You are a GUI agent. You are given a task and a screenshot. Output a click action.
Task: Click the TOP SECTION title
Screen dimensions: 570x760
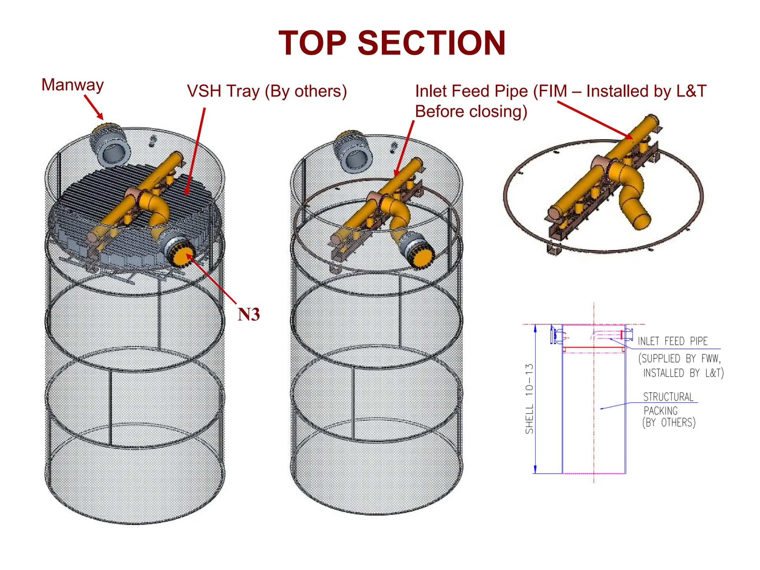(x=392, y=43)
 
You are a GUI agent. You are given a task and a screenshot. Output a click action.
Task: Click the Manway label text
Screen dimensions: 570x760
(x=72, y=85)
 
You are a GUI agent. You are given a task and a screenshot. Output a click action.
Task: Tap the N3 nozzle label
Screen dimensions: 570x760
(x=248, y=314)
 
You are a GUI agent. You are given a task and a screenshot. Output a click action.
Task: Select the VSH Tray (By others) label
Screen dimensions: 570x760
(x=267, y=91)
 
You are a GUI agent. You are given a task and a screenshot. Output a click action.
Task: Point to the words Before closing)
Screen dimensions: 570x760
(x=471, y=111)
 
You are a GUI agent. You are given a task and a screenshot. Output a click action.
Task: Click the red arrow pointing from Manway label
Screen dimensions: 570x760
(x=94, y=108)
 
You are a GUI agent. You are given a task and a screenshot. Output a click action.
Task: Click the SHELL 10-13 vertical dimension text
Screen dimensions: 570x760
(x=530, y=399)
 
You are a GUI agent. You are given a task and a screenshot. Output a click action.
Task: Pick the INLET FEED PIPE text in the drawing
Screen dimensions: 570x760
(x=672, y=341)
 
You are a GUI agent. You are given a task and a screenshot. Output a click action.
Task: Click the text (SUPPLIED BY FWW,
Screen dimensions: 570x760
(x=679, y=358)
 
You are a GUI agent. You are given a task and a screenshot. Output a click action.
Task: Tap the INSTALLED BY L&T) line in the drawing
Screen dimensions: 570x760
(x=683, y=373)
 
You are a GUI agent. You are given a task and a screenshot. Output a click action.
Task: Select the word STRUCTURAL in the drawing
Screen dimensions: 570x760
(x=668, y=397)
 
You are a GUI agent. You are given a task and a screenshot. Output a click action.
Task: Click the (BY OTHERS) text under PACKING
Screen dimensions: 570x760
(x=669, y=423)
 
